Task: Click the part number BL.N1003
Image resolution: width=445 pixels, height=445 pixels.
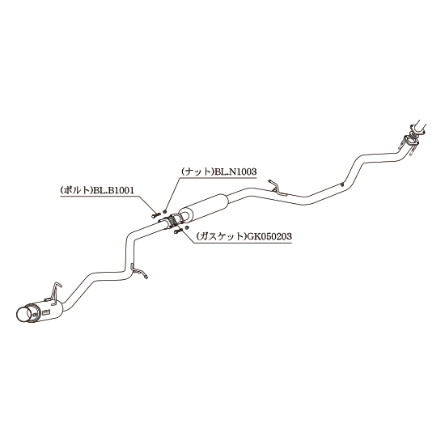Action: tap(235, 172)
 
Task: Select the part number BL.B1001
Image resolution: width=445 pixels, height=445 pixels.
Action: tap(114, 190)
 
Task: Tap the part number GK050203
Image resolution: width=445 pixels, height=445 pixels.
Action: tap(269, 236)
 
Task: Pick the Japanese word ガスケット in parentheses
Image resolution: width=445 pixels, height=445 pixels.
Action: tap(221, 236)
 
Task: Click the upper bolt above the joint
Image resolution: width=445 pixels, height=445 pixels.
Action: tap(156, 215)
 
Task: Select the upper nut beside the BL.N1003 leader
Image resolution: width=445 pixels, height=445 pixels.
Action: tap(165, 211)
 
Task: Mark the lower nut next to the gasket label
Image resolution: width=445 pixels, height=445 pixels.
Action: tap(186, 227)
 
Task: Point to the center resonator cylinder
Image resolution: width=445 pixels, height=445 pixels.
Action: tap(204, 207)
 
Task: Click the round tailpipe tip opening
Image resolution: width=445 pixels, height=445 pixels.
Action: tap(23, 316)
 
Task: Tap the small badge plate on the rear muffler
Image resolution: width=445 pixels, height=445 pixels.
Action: tap(46, 312)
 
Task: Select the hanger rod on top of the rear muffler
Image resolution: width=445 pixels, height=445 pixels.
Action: tap(55, 292)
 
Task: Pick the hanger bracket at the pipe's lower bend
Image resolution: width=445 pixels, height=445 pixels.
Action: tap(138, 271)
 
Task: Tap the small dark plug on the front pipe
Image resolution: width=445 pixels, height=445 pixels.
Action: tap(343, 184)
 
